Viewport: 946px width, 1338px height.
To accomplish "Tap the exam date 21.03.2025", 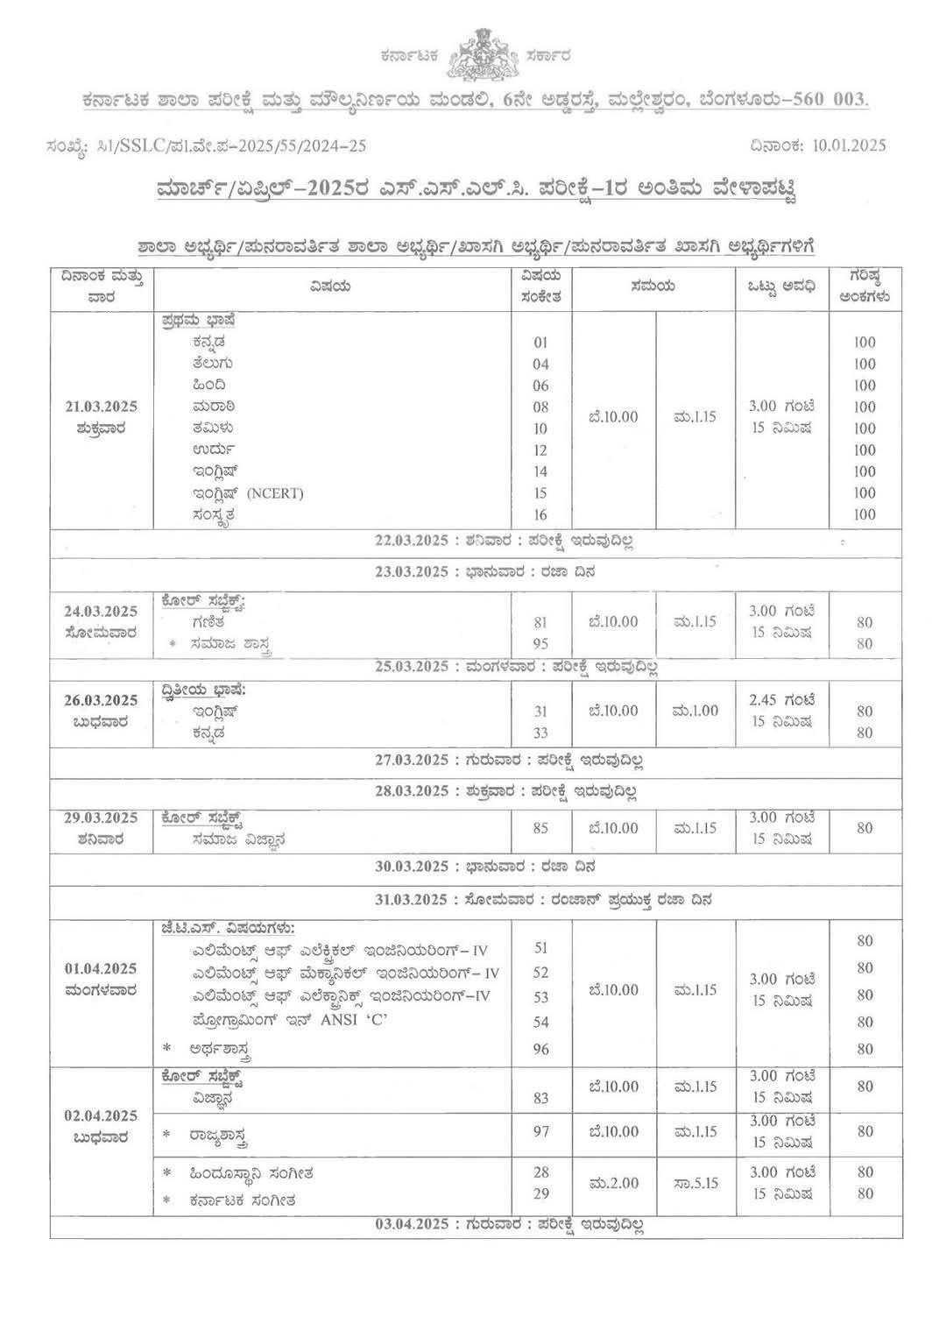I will click(102, 407).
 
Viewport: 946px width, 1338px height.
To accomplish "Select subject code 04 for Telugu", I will click(540, 365).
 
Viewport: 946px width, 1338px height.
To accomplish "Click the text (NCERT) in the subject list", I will click(275, 493).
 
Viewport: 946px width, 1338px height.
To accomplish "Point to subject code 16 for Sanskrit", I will click(540, 515).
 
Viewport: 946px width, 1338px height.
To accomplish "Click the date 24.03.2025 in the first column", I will click(102, 612).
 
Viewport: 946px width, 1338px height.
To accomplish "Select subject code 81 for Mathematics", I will click(540, 623).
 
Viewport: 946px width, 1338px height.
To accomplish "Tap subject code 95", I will click(540, 644).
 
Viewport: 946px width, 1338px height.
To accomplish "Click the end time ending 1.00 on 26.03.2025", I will click(696, 711).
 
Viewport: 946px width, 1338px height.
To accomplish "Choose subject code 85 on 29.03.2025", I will click(540, 828).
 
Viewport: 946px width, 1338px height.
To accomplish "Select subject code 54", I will click(540, 1023).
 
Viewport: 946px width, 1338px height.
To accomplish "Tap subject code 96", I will click(540, 1049).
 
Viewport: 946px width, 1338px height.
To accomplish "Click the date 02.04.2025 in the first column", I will click(102, 1116).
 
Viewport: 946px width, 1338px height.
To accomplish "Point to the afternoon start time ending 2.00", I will click(614, 1183).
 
